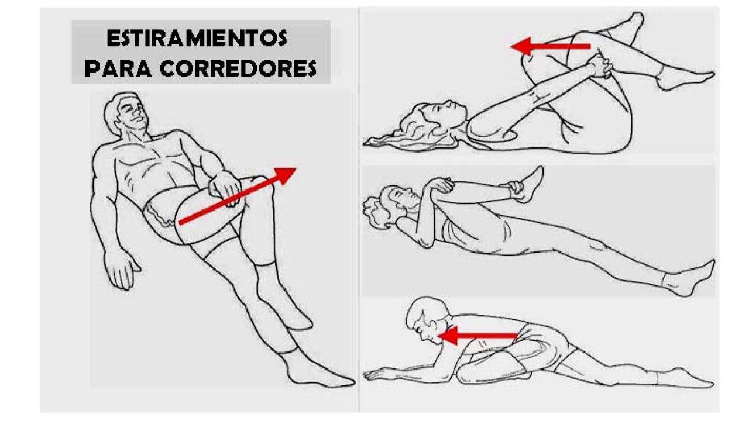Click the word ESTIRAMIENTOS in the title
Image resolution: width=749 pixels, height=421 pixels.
coord(197,38)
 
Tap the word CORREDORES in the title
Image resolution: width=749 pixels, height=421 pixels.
coord(238,68)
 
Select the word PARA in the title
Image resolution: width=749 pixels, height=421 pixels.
coord(118,68)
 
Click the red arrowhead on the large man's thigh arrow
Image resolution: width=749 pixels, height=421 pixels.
coord(284,176)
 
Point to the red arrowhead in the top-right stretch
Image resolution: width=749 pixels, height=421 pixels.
coord(521,46)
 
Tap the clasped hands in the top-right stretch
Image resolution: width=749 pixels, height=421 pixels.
coord(601,67)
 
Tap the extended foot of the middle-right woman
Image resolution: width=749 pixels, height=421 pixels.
coord(689,279)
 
